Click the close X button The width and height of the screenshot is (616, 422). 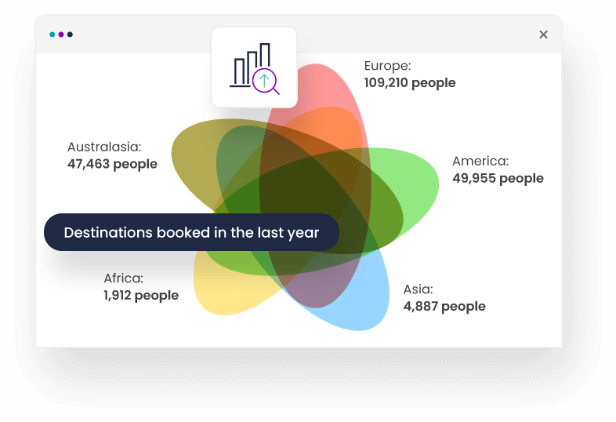[543, 35]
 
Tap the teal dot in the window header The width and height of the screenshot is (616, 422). [53, 35]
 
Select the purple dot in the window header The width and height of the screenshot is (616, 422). [61, 35]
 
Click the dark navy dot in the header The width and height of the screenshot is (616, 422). [70, 35]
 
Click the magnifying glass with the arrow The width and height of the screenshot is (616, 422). [265, 82]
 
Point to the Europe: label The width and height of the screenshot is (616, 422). [387, 66]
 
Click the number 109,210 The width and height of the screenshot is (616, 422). [386, 83]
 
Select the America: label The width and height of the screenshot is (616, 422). [480, 162]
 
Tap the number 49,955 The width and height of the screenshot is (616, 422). [474, 179]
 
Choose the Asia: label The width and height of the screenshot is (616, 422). [418, 289]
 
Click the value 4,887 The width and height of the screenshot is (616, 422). [420, 307]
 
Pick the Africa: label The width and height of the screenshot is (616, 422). [123, 278]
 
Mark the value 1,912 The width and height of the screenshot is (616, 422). [117, 296]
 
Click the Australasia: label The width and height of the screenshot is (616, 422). [104, 147]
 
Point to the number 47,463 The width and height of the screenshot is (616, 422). [89, 164]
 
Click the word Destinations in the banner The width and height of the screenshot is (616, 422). [108, 232]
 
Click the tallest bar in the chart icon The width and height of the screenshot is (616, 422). [265, 55]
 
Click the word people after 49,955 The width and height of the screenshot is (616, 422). [521, 180]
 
